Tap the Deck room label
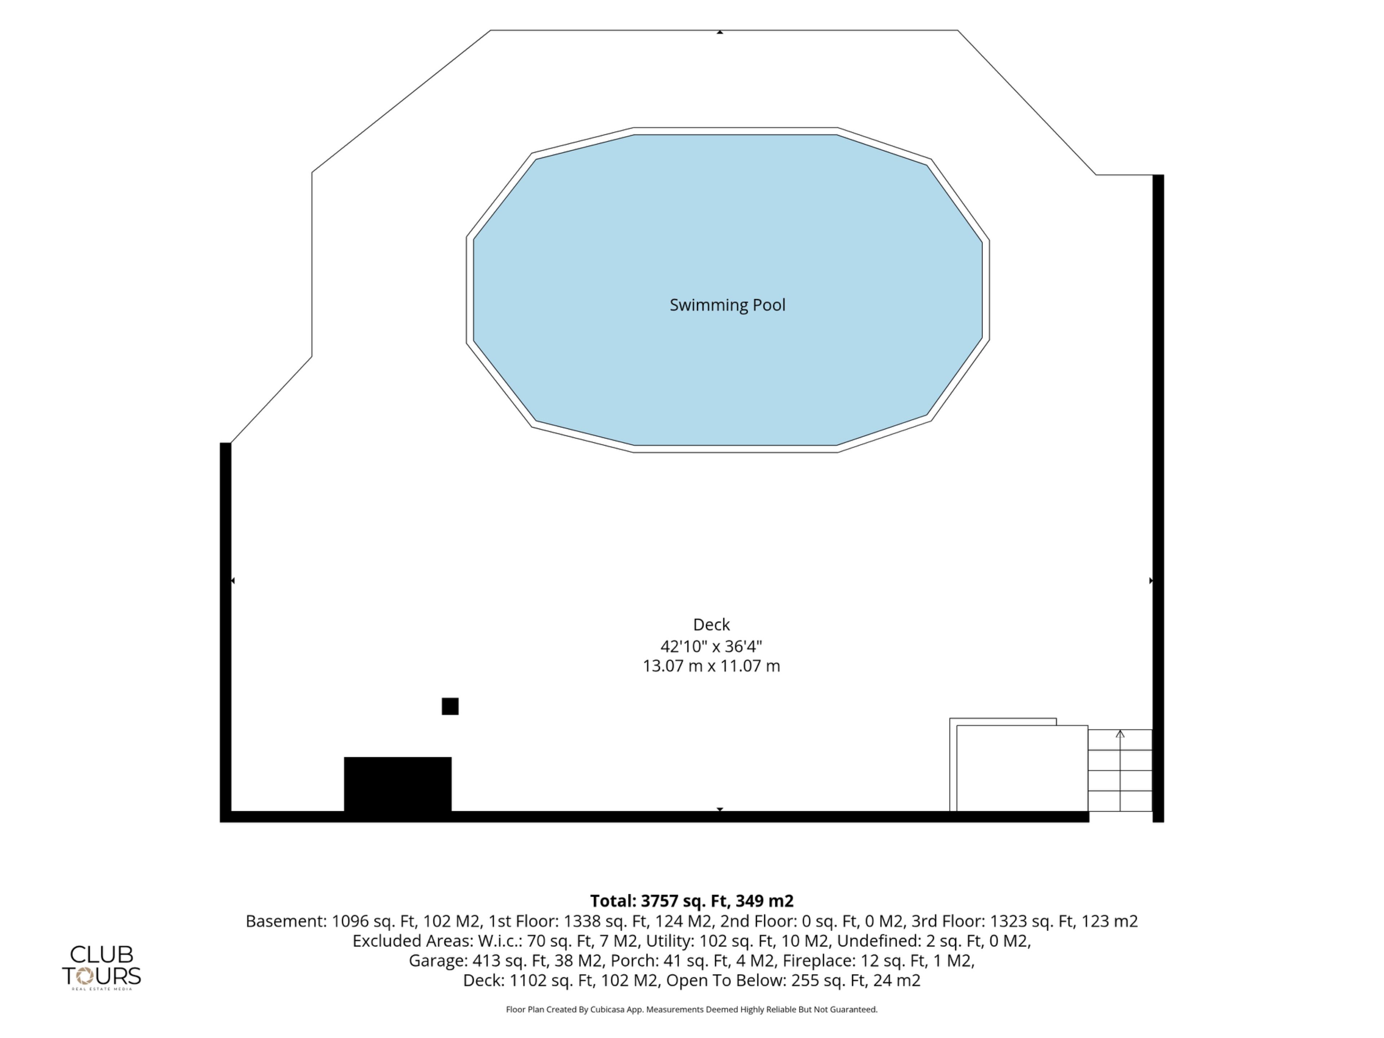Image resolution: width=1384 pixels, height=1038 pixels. coord(711,625)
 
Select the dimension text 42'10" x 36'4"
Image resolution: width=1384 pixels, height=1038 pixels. coord(711,646)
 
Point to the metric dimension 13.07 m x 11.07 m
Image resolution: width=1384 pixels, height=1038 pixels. coord(711,666)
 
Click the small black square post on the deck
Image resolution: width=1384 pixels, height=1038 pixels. coord(450,706)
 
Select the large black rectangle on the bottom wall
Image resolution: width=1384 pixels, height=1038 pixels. coord(398,785)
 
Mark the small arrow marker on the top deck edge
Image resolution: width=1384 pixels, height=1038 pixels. coord(720,32)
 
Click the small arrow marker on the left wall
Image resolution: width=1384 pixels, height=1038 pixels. coord(233,581)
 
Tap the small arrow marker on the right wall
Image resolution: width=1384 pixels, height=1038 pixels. coord(1151,581)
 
